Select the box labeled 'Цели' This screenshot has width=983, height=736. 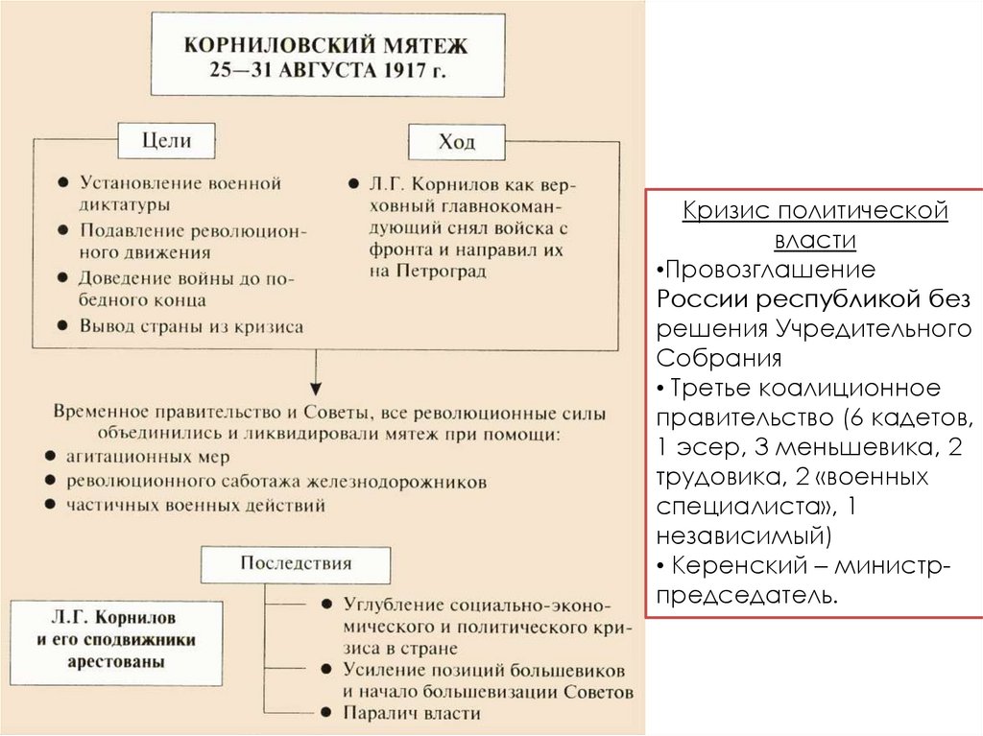click(166, 140)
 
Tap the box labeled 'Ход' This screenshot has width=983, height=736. click(457, 144)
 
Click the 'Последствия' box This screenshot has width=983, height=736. click(296, 563)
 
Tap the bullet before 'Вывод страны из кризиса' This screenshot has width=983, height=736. click(61, 326)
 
